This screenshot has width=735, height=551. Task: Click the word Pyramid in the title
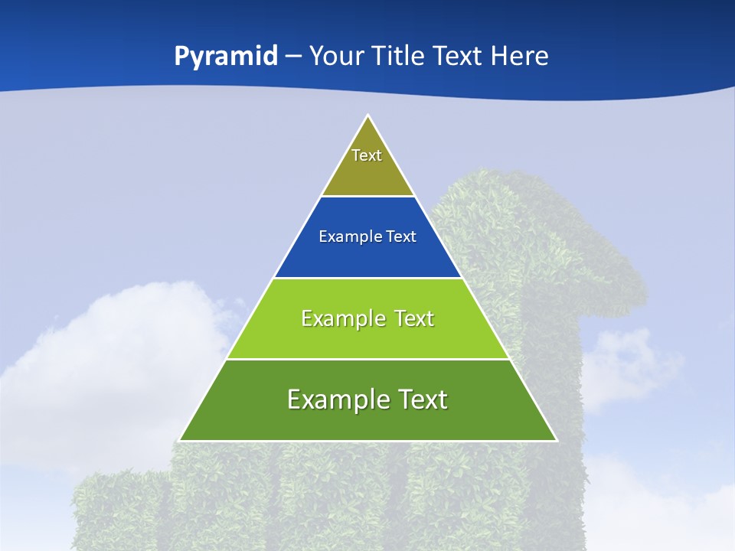pyautogui.click(x=226, y=57)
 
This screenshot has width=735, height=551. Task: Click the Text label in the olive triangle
pyautogui.click(x=367, y=155)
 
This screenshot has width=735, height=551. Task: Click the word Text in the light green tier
pyautogui.click(x=413, y=318)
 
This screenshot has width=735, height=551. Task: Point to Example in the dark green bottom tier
pyautogui.click(x=335, y=399)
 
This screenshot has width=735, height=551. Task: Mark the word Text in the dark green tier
pyautogui.click(x=422, y=399)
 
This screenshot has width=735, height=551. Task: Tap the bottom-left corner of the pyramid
pyautogui.click(x=180, y=440)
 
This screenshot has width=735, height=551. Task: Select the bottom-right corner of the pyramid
pyautogui.click(x=556, y=440)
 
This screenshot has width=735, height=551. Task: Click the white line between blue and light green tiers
pyautogui.click(x=367, y=278)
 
